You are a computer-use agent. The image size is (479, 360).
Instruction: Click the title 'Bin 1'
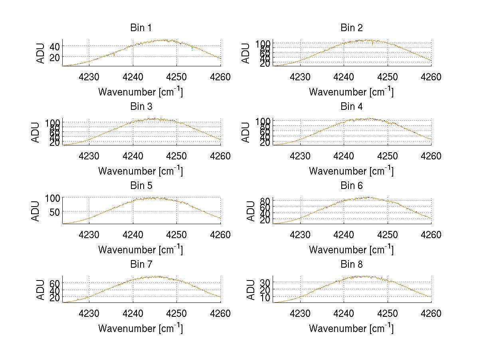coord(141,28)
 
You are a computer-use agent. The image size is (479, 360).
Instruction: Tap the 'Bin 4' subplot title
coord(352,106)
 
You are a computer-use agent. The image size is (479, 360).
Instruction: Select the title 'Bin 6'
coord(352,185)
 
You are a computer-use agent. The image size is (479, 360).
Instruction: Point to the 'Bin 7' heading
coord(141,264)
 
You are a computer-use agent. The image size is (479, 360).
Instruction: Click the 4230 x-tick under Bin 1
coord(89,77)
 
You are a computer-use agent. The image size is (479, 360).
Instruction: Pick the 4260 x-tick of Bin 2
coord(431,77)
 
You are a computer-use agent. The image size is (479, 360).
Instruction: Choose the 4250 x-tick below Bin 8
coord(387,313)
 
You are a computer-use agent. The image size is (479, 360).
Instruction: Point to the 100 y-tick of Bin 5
coord(51,198)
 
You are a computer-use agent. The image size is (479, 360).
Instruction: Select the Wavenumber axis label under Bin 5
coord(141,250)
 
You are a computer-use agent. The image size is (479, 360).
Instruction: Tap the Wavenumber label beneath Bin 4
coord(352,171)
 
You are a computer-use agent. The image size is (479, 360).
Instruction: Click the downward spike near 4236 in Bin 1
coord(114,55)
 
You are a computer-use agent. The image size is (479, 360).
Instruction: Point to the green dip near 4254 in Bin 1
coord(192,49)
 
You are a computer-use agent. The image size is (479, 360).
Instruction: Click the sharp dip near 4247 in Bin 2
coord(372,43)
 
